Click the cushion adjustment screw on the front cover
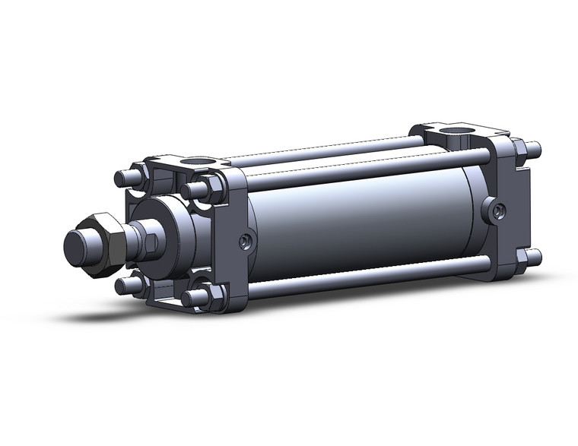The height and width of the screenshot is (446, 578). [245, 242]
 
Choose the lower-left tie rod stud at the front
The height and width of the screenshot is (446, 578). [124, 285]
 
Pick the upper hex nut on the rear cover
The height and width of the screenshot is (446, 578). [519, 150]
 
